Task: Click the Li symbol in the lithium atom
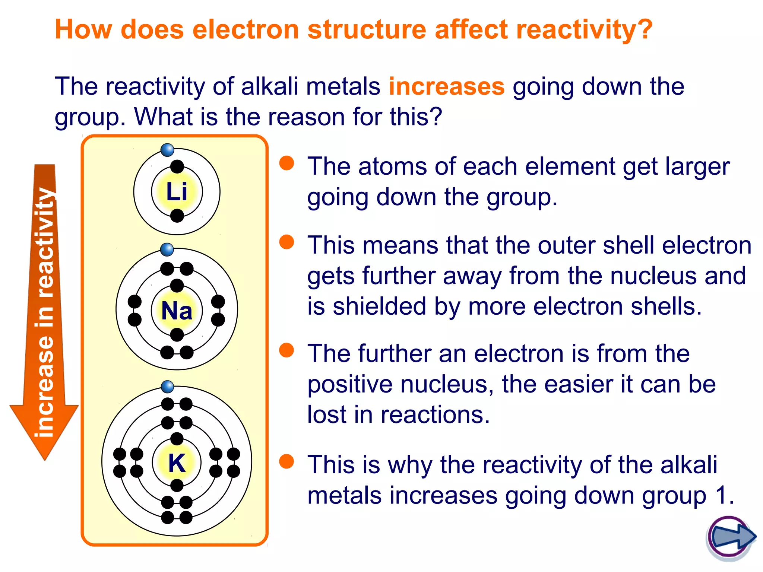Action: click(177, 192)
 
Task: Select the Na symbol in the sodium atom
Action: click(177, 311)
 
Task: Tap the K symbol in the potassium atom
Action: click(177, 463)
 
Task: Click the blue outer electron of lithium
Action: click(168, 150)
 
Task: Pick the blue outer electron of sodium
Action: click(167, 249)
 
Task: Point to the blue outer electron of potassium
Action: click(168, 387)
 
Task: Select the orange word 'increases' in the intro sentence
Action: click(446, 86)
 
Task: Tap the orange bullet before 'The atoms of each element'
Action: click(286, 163)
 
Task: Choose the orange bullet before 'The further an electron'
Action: click(286, 350)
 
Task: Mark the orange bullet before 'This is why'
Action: click(286, 461)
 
